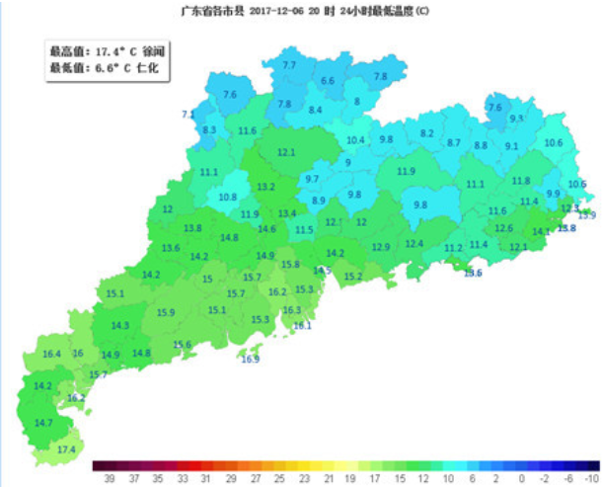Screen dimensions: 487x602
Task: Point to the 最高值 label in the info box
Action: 66,50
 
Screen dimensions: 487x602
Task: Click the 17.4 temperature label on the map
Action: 66,449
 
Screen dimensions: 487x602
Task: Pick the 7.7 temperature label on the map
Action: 289,65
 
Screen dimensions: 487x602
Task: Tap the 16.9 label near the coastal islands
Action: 250,360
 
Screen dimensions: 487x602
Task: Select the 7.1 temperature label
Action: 188,115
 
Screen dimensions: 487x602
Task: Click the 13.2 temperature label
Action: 266,187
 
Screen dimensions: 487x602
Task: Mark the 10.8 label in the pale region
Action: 228,197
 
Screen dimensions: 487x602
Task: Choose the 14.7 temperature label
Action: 43,423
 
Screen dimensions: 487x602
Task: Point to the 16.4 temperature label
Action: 52,354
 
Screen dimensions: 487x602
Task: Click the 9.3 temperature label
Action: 515,119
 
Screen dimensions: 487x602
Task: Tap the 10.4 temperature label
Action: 355,140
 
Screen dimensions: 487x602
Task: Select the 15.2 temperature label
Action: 353,277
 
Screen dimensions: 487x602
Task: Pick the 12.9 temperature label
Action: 381,247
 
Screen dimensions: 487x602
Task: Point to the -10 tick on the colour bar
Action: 591,477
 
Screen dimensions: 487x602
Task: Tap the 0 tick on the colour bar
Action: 520,477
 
